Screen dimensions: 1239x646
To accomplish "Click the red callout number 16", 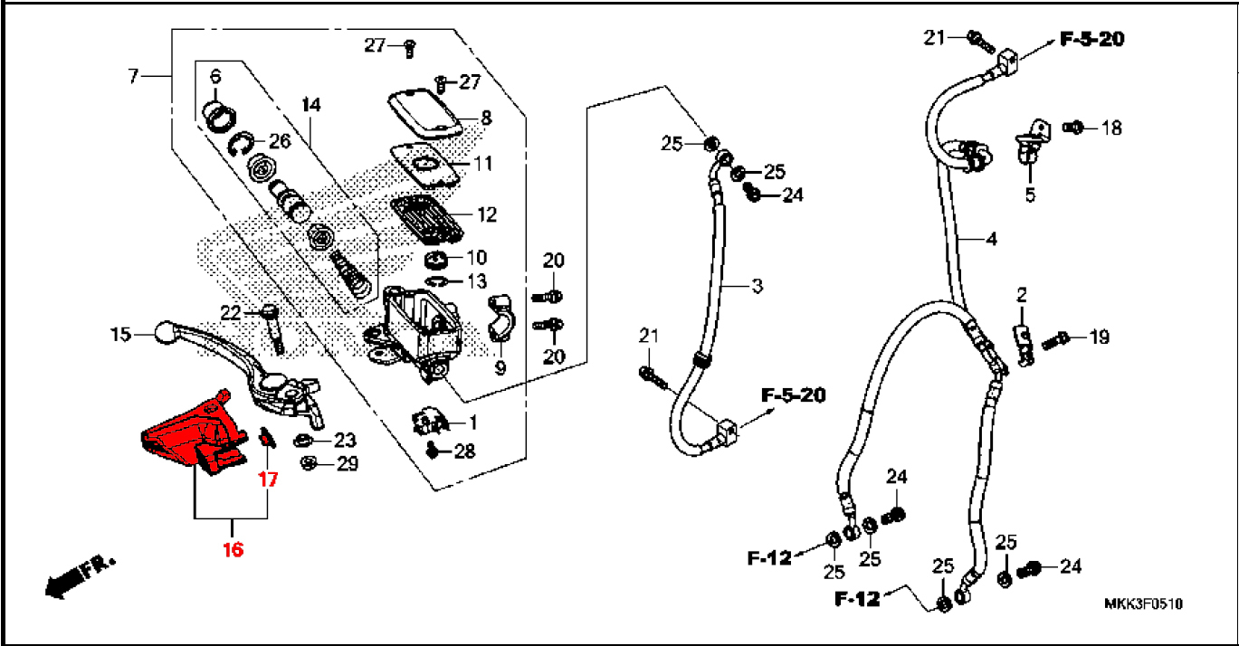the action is (233, 549).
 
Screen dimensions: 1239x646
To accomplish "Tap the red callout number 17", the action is (268, 479).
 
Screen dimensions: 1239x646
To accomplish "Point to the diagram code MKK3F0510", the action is (1143, 604).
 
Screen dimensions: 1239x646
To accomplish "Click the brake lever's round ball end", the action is (165, 332).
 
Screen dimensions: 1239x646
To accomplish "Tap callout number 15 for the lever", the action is (121, 334).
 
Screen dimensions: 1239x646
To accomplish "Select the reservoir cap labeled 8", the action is (424, 113).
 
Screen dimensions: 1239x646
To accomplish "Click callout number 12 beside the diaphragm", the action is (487, 214).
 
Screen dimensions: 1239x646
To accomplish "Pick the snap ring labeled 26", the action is (241, 145).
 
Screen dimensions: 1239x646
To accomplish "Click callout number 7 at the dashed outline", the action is (133, 76).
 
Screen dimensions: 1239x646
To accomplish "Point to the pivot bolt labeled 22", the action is (272, 329).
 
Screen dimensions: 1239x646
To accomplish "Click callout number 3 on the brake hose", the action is (758, 286).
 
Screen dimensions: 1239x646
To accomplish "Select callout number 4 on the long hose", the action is (992, 239).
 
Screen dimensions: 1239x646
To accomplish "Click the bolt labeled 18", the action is (1073, 128).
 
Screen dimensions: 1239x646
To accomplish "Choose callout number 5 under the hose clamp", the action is (1030, 195).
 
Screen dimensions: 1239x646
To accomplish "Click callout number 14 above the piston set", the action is (311, 105).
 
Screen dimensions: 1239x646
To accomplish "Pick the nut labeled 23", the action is (302, 441).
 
